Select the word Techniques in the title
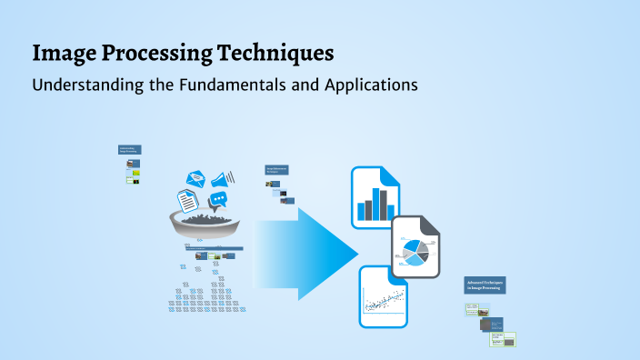click(272, 54)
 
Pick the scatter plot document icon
click(383, 296)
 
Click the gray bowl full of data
click(205, 224)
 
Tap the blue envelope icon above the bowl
click(196, 180)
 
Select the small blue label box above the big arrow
click(276, 169)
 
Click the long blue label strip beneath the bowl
click(209, 247)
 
